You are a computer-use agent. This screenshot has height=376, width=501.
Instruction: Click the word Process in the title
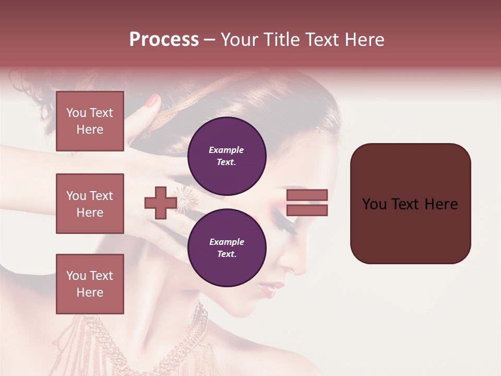point(164,40)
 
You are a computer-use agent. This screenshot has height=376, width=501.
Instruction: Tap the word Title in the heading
point(279,40)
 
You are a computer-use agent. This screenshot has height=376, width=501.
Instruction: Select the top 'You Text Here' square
point(90,121)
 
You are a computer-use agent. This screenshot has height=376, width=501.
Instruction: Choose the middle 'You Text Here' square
point(90,204)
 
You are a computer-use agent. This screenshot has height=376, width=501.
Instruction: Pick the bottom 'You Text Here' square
point(90,284)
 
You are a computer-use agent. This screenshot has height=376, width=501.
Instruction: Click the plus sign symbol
point(160,203)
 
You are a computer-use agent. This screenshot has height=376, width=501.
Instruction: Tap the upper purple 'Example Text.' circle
point(227,156)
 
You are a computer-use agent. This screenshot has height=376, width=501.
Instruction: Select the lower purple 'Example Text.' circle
point(227,248)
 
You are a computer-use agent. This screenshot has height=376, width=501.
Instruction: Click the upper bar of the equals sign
point(307,195)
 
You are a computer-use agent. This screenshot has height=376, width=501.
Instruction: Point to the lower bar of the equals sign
point(307,210)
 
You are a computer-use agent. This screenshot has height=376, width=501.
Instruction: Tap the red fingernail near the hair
point(152,101)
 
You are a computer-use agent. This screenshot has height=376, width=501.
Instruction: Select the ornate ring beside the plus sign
point(184,199)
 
